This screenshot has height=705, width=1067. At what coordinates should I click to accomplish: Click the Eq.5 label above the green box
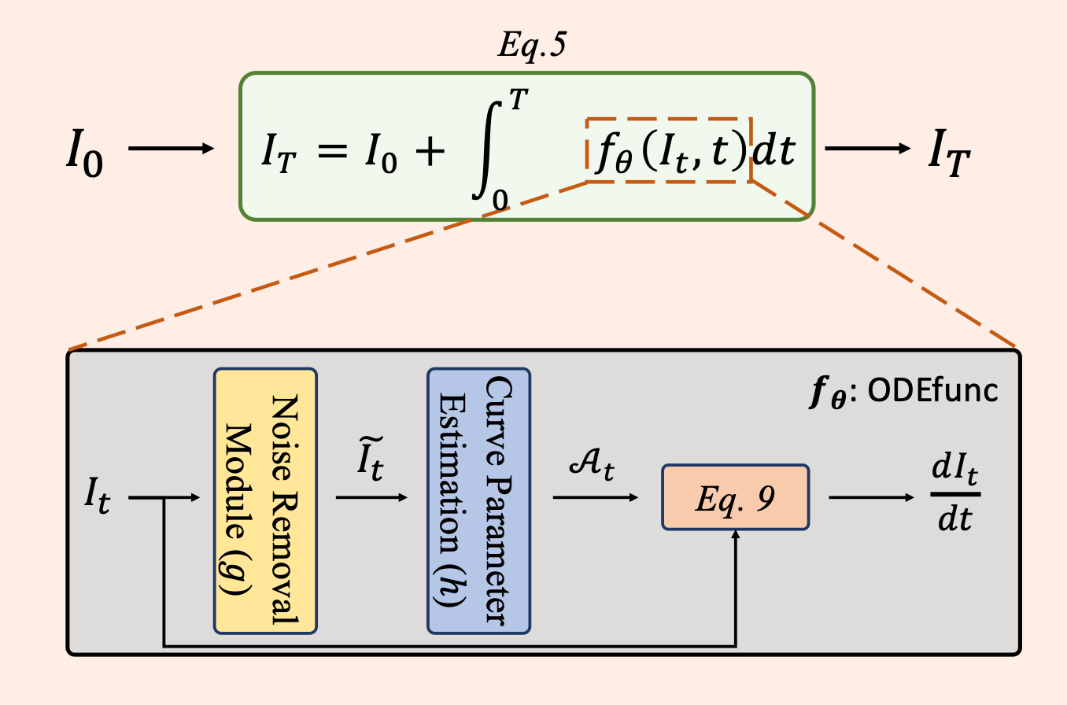[532, 46]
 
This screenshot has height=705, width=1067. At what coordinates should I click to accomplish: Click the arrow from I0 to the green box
[171, 148]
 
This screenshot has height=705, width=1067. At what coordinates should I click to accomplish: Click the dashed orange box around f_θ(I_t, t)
[669, 150]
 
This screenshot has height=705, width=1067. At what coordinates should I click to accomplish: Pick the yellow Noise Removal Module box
[265, 500]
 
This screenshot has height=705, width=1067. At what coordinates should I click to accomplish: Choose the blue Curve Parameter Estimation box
[478, 500]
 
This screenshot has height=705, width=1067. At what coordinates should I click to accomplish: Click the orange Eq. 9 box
[735, 497]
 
